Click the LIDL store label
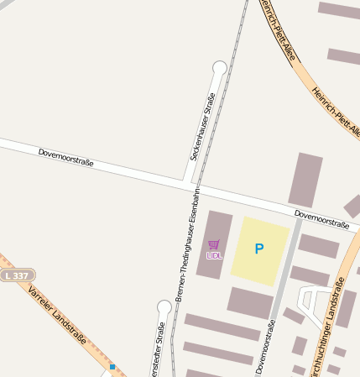[x=214, y=255]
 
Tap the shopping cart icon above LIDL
[x=214, y=245]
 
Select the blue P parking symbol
[x=259, y=249]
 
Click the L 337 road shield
[x=17, y=275]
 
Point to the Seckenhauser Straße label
[x=202, y=126]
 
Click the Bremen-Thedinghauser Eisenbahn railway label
[x=187, y=253]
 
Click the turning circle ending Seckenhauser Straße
[x=220, y=67]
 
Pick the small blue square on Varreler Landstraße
[x=112, y=367]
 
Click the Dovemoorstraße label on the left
[x=65, y=156]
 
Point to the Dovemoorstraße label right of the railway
[x=321, y=220]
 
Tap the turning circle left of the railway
[x=164, y=307]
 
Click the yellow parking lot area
[x=260, y=249]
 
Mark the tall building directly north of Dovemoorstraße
[x=305, y=180]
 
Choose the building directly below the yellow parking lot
[x=250, y=303]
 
